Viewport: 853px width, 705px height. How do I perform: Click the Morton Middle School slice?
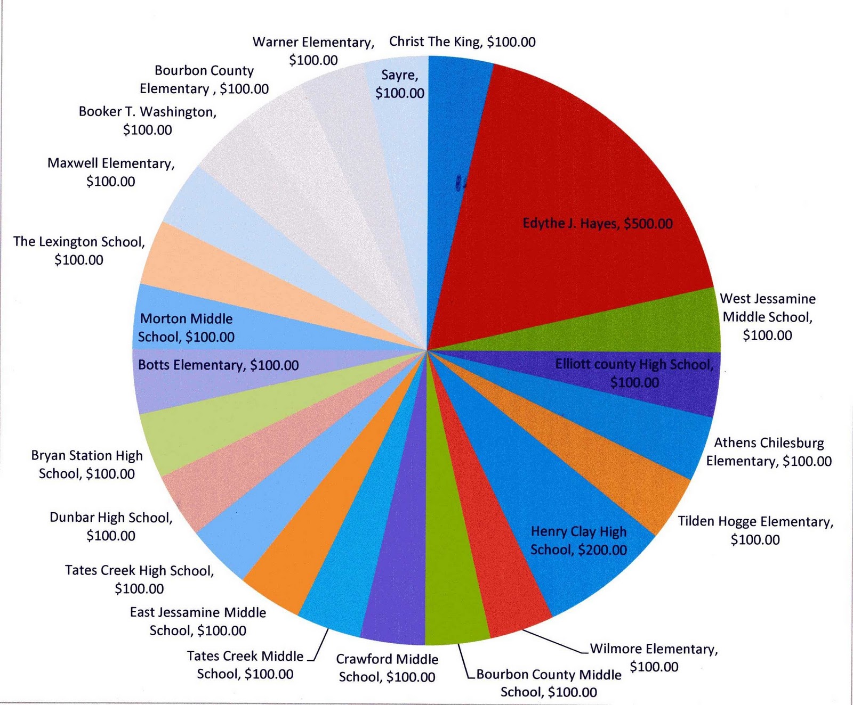[187, 327]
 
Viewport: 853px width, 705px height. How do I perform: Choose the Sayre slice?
[400, 85]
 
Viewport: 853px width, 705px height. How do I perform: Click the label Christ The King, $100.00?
[462, 42]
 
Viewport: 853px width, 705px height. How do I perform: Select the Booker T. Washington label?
[148, 120]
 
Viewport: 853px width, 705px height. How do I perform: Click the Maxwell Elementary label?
[111, 172]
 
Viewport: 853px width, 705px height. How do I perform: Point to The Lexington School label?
[79, 250]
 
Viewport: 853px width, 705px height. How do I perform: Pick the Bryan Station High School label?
[87, 464]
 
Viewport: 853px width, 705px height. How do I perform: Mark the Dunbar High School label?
[111, 526]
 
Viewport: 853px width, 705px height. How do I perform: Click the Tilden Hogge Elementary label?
[755, 530]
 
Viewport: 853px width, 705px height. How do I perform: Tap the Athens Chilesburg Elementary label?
[769, 452]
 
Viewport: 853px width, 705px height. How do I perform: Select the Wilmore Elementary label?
[654, 658]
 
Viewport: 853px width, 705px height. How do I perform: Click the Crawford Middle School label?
[387, 668]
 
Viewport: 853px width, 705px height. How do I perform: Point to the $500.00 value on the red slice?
[648, 224]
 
